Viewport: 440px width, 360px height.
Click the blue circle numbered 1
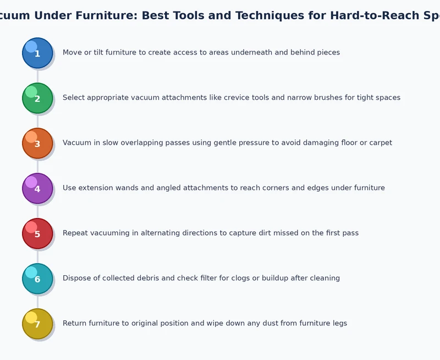pos(37,53)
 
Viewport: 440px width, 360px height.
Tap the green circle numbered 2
pos(37,98)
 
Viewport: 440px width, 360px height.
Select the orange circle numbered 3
pos(37,143)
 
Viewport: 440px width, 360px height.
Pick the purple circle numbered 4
pos(37,188)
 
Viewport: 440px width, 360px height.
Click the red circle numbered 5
pos(37,233)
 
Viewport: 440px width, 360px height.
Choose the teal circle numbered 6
pos(37,279)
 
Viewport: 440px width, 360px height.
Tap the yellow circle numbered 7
pos(37,324)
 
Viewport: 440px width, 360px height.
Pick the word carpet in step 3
pos(380,143)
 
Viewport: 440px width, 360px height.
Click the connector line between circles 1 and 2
pos(37,75)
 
